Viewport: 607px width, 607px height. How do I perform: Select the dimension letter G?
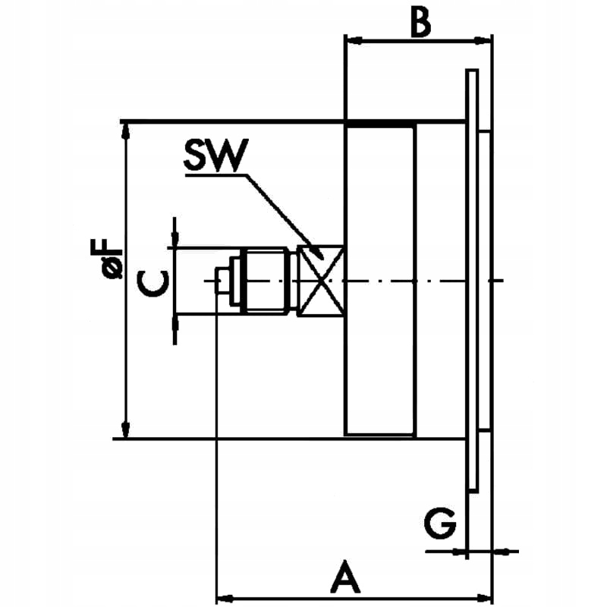tap(440, 524)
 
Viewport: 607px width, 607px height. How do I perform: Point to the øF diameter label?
tap(113, 258)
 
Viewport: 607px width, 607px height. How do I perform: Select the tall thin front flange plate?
tap(472, 281)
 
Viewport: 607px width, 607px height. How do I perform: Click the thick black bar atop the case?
tap(379, 124)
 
